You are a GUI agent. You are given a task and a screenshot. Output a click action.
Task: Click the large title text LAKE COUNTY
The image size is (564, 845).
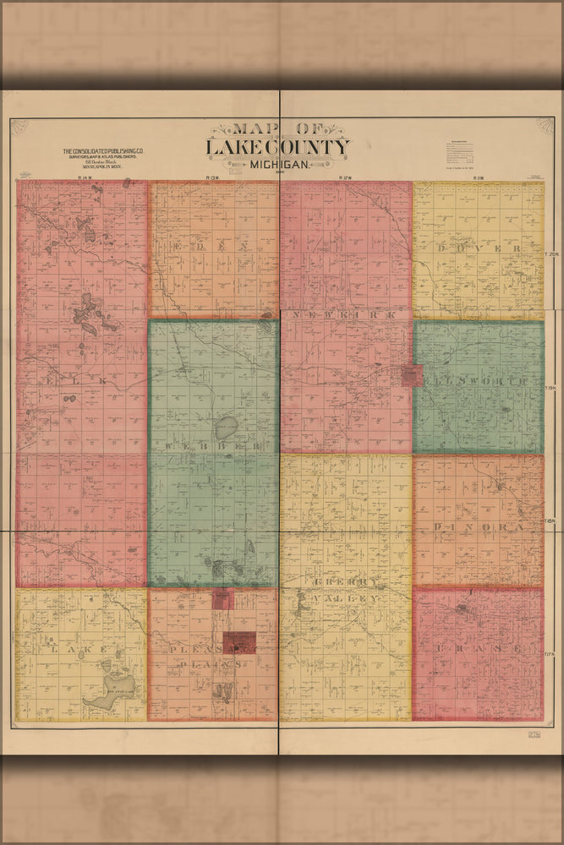pos(277,147)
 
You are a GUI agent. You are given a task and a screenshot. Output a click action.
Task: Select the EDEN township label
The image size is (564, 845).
pos(212,246)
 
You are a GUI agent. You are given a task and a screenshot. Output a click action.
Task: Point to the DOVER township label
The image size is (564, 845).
pos(479,248)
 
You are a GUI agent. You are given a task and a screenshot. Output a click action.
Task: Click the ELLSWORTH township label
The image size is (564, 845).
pos(479,382)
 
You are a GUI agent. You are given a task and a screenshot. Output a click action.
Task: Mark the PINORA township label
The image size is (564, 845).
pos(479,526)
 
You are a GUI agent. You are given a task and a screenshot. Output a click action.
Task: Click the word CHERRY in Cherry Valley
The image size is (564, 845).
pos(346,583)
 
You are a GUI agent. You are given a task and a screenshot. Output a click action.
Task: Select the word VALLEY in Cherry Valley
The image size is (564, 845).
pos(346,598)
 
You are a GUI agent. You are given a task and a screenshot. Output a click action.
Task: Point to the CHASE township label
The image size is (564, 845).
pos(479,648)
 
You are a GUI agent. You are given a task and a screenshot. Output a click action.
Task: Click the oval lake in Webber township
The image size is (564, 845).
pos(226,424)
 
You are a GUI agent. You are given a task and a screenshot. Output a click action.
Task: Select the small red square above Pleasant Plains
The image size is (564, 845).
pos(222,600)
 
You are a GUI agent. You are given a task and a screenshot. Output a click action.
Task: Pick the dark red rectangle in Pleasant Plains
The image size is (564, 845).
pos(239,642)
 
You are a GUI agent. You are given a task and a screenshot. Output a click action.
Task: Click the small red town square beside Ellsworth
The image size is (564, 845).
pos(412,375)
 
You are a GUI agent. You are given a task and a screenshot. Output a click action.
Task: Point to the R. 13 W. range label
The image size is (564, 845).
pos(212,177)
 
